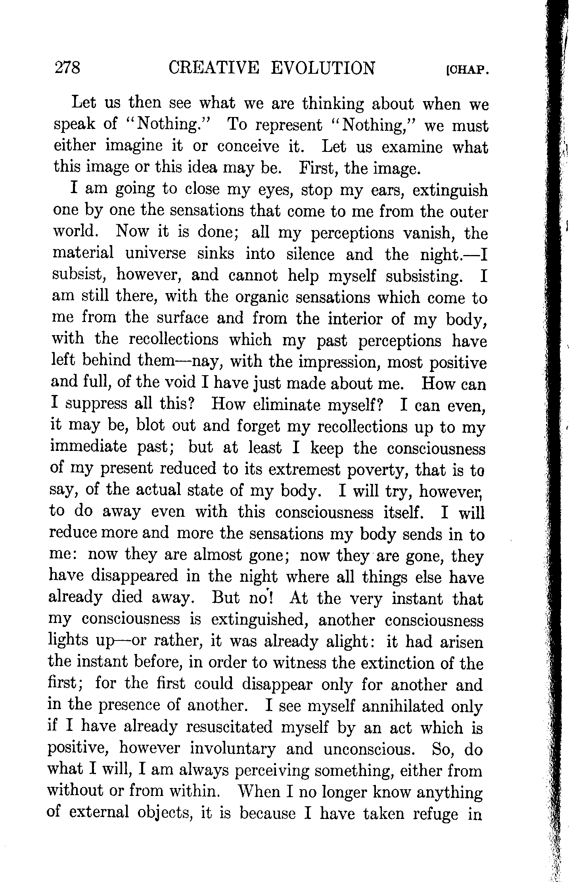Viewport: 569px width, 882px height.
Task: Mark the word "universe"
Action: pyautogui.click(x=155, y=254)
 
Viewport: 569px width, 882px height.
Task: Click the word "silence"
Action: pyautogui.click(x=310, y=254)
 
